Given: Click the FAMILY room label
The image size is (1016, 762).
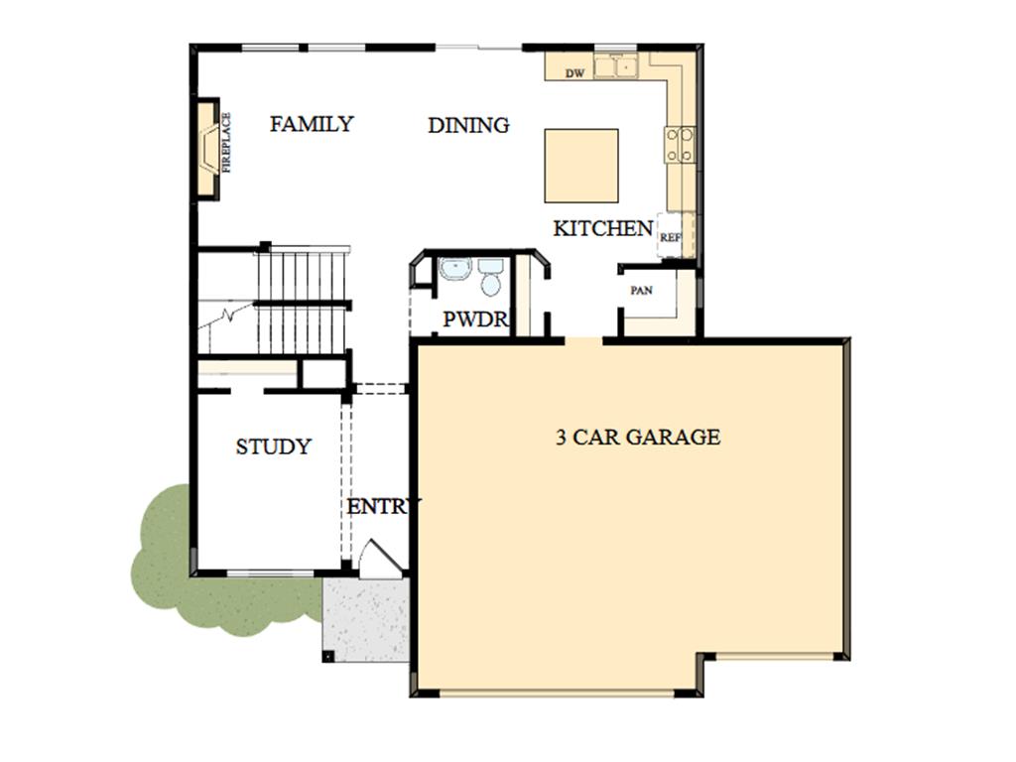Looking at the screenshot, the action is (x=312, y=124).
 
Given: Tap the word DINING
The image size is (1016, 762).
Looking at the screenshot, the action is (x=468, y=125).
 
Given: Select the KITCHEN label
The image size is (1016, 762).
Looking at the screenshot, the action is (x=602, y=228).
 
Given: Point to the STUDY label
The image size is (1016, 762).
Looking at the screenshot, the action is (x=274, y=446).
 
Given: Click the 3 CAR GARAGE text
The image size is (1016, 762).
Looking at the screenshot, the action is (x=638, y=437).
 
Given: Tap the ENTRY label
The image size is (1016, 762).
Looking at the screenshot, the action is (x=384, y=506).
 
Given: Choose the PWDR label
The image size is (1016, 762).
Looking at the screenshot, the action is (x=475, y=318).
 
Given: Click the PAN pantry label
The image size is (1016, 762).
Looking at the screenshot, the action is (x=642, y=291).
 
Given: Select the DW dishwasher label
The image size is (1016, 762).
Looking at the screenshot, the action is (x=574, y=73).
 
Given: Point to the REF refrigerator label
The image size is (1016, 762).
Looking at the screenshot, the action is (x=670, y=238).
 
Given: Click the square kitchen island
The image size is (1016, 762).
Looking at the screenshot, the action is (x=581, y=166).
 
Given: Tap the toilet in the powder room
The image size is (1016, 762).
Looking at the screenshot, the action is (x=490, y=277).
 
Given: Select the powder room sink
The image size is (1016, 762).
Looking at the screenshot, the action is (x=454, y=268).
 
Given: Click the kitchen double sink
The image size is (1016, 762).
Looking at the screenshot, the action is (x=616, y=66).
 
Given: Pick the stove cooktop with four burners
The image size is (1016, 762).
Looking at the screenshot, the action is (x=680, y=145).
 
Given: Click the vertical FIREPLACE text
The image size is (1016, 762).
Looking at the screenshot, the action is (x=226, y=143).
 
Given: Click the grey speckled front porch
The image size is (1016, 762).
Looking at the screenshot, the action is (x=366, y=620).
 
